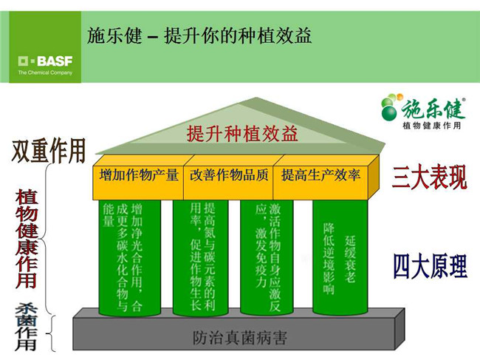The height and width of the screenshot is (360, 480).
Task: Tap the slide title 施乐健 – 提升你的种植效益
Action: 199,35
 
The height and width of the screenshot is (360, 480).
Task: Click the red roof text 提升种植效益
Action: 242,134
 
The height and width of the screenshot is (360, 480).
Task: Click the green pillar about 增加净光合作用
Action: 130,258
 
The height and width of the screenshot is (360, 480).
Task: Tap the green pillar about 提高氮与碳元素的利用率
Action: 201,258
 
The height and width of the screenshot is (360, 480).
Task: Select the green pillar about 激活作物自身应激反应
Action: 267,258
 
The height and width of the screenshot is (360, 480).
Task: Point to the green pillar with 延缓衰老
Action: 340,258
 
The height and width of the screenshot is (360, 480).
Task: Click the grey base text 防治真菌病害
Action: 240,338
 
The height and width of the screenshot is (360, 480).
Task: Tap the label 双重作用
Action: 49,150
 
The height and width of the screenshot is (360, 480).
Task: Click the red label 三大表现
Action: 430,177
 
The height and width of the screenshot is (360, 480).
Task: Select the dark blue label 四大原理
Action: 430,267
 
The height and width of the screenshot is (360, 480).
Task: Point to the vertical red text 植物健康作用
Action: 27,239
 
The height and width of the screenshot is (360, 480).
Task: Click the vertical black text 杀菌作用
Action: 27,327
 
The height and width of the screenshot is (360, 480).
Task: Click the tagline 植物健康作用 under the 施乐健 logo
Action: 431,126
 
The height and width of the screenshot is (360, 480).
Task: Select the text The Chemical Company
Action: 45,72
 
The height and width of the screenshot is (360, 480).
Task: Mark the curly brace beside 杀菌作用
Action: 50,333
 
